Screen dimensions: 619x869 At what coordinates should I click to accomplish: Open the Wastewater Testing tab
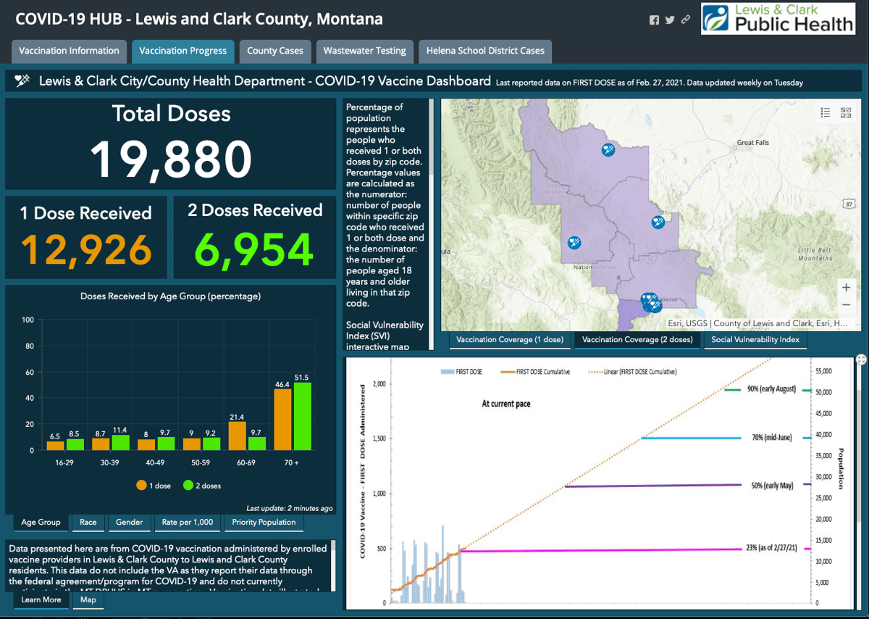point(364,51)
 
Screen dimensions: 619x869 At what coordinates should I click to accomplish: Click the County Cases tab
point(275,51)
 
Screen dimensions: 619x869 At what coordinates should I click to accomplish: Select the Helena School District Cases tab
point(485,51)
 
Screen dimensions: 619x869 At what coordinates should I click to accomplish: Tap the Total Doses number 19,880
point(172,159)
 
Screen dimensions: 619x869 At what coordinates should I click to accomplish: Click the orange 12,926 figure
point(86,249)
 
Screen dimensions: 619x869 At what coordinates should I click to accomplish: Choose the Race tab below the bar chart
point(88,522)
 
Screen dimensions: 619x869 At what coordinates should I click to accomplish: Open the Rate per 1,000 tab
point(188,522)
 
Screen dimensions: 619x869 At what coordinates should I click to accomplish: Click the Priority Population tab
point(264,522)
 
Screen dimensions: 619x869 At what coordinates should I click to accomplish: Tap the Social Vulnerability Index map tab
point(755,339)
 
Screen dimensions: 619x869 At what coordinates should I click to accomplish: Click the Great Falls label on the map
point(752,143)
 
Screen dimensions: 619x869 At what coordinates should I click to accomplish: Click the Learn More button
point(41,599)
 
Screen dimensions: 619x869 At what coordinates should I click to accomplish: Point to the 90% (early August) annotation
point(771,389)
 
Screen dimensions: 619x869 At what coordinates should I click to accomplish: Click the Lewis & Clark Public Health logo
point(778,19)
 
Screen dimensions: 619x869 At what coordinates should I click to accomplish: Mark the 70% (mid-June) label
point(771,438)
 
